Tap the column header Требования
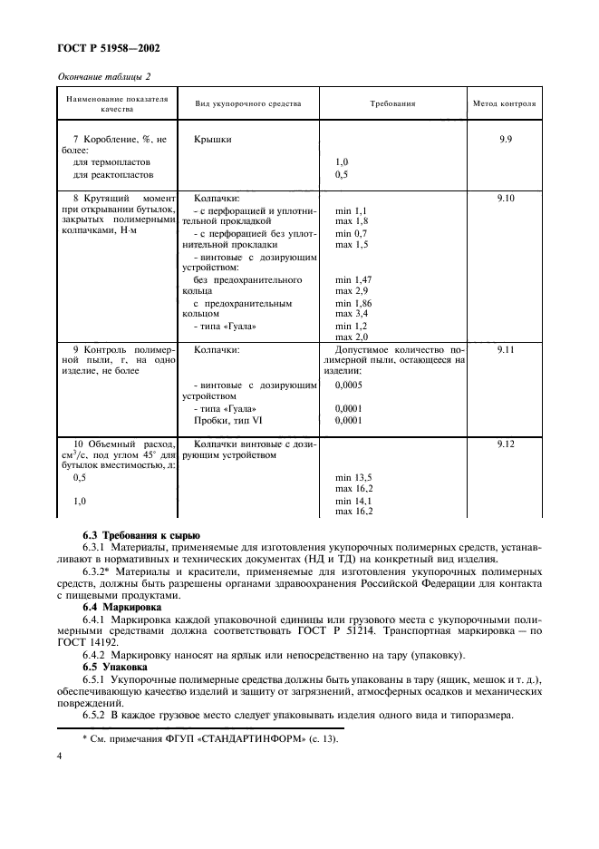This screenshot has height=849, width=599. coord(392,103)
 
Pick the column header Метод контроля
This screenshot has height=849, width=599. coord(504,103)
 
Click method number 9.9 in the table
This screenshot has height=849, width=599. coord(505,141)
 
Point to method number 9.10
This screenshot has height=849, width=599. coord(505,198)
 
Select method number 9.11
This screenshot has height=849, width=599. coord(505,349)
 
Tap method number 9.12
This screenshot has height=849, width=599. coord(505,444)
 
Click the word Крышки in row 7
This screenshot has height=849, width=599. coord(212,141)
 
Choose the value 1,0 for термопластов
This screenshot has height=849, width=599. coord(342,162)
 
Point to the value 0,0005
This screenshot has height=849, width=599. coord(351,385)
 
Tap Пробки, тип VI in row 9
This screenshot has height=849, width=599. coord(226,421)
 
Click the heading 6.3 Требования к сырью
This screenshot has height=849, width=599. coord(141,536)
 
